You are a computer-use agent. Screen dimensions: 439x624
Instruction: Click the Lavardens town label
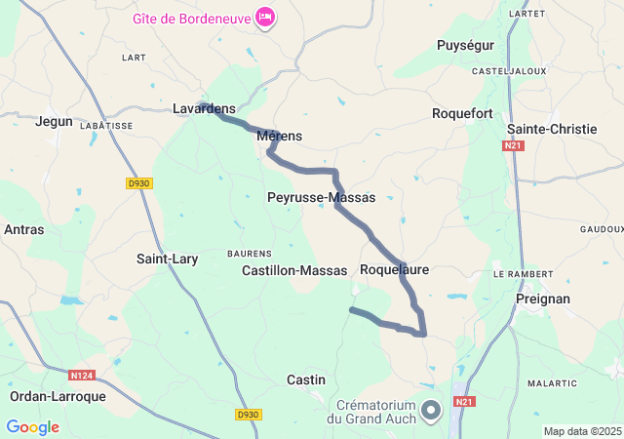click(204, 109)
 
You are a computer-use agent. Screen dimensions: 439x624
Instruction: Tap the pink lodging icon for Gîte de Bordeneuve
click(265, 17)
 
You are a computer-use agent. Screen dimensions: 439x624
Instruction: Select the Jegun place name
click(54, 121)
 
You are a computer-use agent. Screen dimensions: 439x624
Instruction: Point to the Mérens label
click(280, 137)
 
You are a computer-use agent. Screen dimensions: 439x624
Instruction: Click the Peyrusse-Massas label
click(321, 197)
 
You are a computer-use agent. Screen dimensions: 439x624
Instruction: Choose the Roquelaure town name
click(394, 268)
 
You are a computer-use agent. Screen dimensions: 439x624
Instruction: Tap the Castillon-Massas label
click(294, 270)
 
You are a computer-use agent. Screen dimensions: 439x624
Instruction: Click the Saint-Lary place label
click(167, 259)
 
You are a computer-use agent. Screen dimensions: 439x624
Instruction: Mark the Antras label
click(23, 230)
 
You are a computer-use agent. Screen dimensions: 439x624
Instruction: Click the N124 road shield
click(83, 375)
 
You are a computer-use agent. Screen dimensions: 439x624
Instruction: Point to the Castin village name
click(305, 379)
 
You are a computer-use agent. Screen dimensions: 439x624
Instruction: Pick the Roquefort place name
click(462, 114)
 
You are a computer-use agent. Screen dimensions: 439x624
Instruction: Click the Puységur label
click(465, 45)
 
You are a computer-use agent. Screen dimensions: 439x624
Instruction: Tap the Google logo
click(32, 427)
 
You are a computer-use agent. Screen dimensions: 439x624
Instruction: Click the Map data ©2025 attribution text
click(582, 431)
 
